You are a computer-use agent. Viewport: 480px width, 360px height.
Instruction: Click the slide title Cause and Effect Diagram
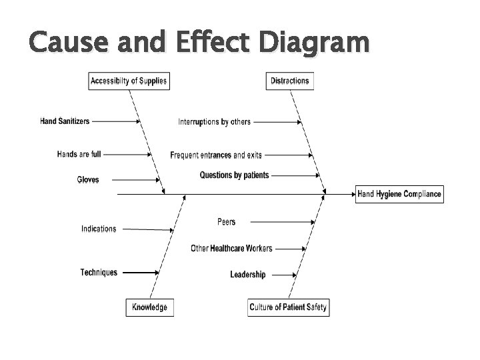pyautogui.click(x=199, y=43)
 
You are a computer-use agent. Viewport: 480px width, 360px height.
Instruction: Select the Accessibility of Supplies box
pyautogui.click(x=129, y=81)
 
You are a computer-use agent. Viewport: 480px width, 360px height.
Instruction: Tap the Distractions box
pyautogui.click(x=290, y=81)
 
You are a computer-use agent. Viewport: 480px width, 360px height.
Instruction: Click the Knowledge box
pyautogui.click(x=149, y=307)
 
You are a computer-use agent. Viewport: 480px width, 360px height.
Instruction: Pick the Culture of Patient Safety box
pyautogui.click(x=289, y=307)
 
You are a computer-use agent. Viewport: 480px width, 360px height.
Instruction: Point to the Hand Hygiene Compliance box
pyautogui.click(x=399, y=194)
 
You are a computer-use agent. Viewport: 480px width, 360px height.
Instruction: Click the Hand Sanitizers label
pyautogui.click(x=65, y=121)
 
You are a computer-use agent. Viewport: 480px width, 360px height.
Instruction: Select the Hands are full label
pyautogui.click(x=79, y=154)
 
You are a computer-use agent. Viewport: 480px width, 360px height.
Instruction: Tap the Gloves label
pyautogui.click(x=88, y=180)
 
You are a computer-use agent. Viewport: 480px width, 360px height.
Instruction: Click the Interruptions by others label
pyautogui.click(x=214, y=122)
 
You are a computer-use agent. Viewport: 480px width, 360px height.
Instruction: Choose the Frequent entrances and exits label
pyautogui.click(x=216, y=155)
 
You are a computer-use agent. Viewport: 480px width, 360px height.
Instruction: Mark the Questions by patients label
pyautogui.click(x=234, y=175)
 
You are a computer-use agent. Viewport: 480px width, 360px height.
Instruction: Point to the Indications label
pyautogui.click(x=99, y=229)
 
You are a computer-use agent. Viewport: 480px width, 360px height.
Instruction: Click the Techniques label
pyautogui.click(x=99, y=272)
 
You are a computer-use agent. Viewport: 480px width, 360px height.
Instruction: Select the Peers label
pyautogui.click(x=226, y=221)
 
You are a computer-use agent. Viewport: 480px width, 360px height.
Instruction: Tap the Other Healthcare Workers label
pyautogui.click(x=231, y=249)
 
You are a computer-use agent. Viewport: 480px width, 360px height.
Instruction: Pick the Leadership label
pyautogui.click(x=247, y=274)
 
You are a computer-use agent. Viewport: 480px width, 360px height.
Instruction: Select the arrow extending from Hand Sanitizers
pyautogui.click(x=115, y=121)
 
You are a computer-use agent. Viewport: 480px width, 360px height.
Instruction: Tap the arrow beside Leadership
pyautogui.click(x=285, y=274)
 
